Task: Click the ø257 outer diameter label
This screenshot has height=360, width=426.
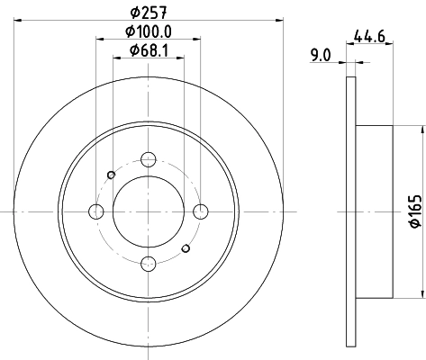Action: (149, 13)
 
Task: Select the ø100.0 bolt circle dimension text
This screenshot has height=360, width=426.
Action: (149, 32)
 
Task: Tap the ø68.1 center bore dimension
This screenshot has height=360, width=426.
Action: (149, 50)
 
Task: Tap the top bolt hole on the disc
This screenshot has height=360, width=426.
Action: (149, 160)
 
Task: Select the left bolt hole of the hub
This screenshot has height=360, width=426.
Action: (96, 211)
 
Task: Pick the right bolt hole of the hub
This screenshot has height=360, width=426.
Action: (201, 211)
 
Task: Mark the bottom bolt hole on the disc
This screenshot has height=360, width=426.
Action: (149, 264)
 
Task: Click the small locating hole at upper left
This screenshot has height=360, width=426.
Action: (111, 175)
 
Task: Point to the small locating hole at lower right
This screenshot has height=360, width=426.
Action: (186, 248)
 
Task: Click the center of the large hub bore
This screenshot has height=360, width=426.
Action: (149, 211)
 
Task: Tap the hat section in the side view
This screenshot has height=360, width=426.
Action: (376, 211)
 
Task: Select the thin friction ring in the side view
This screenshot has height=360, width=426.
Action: (351, 211)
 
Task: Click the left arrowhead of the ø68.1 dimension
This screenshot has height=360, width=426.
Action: (115, 59)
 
